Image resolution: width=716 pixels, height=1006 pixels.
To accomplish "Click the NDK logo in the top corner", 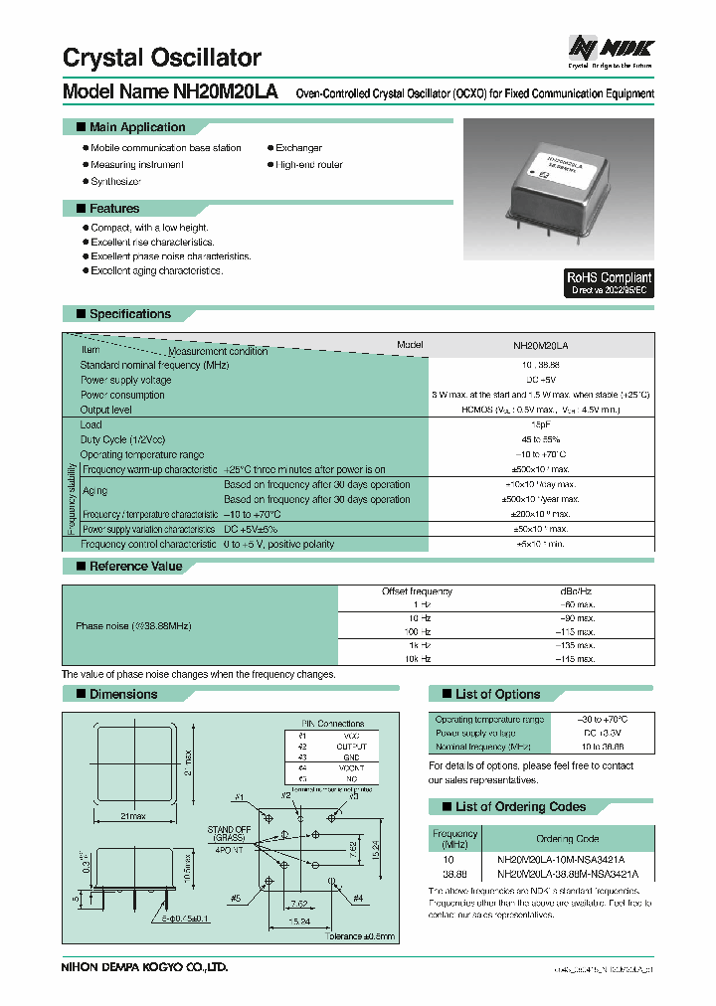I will click(611, 48).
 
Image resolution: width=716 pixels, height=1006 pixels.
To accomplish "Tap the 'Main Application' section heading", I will click(137, 127).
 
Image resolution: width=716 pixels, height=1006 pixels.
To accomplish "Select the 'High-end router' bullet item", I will click(309, 165).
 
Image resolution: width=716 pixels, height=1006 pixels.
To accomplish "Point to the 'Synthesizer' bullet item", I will click(115, 182).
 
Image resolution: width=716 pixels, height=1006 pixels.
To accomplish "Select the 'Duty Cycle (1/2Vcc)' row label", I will click(122, 439).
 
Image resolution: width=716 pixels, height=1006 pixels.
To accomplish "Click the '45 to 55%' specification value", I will click(542, 439).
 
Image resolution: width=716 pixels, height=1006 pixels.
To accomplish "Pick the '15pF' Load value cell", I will click(542, 424).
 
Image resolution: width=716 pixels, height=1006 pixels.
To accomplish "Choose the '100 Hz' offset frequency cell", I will click(417, 631).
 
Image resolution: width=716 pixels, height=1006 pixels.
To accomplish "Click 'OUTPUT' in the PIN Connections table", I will click(351, 747).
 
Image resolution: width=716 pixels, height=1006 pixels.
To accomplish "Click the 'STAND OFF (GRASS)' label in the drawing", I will click(229, 834).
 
